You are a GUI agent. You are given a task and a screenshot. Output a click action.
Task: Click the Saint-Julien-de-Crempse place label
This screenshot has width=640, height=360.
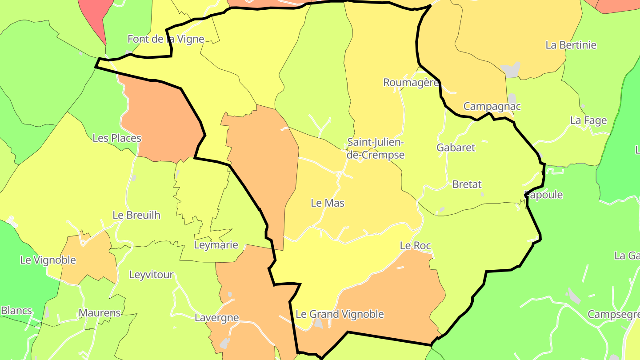pos(376,149)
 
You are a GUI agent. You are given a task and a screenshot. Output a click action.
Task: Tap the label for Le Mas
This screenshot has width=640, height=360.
pos(328,203)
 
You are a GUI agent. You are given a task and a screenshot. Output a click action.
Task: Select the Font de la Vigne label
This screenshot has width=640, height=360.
pos(166,39)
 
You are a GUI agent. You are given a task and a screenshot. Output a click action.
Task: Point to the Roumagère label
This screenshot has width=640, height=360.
pos(411,82)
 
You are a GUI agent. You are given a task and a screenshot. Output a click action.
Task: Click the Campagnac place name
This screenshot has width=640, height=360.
pos(492,107)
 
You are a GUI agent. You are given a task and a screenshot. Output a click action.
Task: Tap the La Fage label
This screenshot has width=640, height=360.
pos(588,120)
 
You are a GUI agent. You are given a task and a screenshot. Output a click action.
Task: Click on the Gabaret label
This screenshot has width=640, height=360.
pos(456,148)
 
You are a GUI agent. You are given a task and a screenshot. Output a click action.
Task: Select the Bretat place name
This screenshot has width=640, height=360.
pos(467,184)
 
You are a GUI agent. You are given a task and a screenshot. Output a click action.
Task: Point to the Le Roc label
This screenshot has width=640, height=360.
pos(415,245)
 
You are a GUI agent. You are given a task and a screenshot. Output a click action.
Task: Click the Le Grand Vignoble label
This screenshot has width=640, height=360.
pos(340,314)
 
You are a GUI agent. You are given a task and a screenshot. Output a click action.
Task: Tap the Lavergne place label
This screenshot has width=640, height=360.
pos(217,318)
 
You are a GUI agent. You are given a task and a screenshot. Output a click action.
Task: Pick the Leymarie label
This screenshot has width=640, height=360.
pos(216,245)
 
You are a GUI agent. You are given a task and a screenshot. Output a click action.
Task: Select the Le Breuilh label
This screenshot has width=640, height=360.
pos(136,215)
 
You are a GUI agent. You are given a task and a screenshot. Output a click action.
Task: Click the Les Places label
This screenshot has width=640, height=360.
pos(117,138)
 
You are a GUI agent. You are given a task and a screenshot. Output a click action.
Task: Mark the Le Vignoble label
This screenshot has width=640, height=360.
pos(48,260)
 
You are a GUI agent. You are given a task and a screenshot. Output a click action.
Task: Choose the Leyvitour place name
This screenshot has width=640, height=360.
pos(151,275)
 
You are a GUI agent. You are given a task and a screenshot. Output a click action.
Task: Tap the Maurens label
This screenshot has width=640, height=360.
pos(100,313)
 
